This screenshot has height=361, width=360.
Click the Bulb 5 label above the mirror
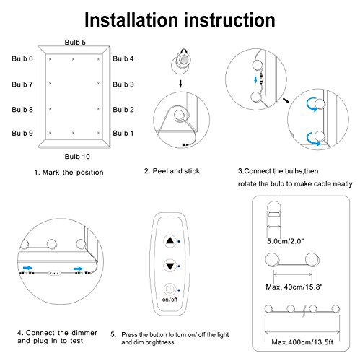[75, 43]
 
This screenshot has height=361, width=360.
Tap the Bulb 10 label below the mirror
[77, 157]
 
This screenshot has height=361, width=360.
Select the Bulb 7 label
[22, 84]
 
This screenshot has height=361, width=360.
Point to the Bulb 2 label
[123, 110]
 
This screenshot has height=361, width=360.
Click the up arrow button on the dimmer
[170, 240]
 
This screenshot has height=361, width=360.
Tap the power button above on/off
[170, 290]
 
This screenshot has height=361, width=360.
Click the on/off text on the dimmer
[170, 300]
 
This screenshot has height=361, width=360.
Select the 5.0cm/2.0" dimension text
[286, 241]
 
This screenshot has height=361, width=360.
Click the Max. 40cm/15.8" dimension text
[294, 287]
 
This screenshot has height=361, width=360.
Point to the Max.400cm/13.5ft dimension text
[302, 342]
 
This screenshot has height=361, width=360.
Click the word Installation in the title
[132, 20]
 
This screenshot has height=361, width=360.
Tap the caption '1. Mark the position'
[69, 173]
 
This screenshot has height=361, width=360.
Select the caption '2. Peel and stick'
[172, 171]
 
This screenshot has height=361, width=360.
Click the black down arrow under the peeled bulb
[180, 84]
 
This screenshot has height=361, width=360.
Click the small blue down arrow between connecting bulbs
[255, 79]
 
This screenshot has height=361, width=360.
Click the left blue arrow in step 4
[27, 268]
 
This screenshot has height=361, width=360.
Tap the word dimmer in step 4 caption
[84, 333]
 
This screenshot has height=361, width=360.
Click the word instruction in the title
[230, 20]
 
